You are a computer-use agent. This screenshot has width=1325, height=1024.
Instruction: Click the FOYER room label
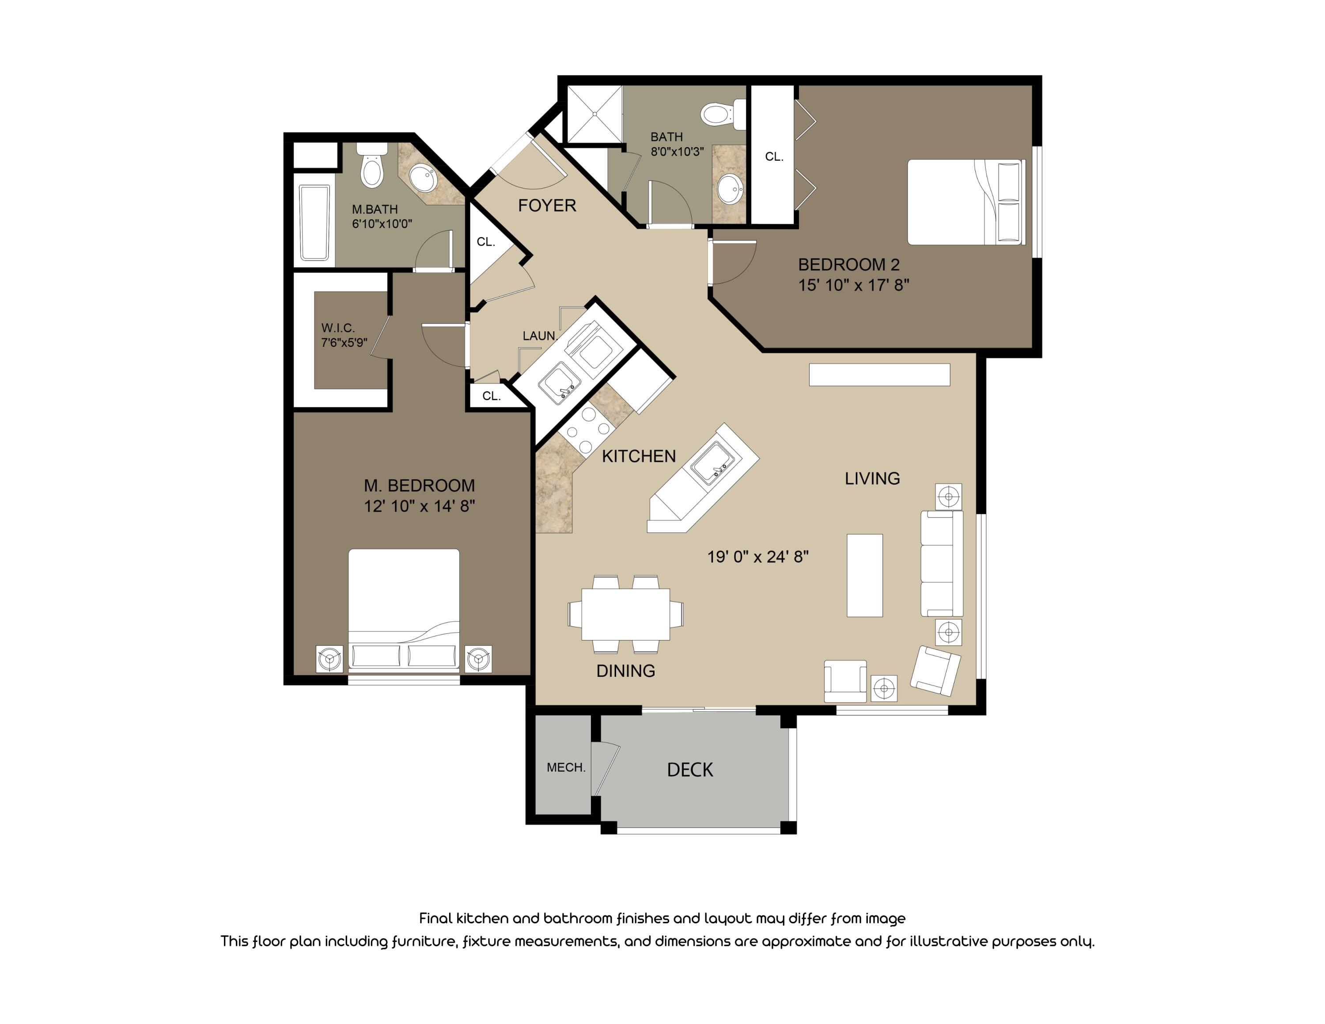click(547, 206)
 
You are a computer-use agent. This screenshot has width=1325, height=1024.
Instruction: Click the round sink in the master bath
click(423, 178)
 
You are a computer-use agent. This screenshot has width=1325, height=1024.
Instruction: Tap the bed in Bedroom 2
click(965, 202)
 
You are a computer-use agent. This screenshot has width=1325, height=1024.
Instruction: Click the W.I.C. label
click(338, 328)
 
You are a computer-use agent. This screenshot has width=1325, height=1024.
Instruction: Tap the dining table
click(625, 614)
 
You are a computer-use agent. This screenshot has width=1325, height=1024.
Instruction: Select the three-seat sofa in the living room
click(941, 564)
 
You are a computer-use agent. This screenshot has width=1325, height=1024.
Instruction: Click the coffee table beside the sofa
click(864, 575)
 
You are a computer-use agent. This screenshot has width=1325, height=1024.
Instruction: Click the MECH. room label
click(565, 767)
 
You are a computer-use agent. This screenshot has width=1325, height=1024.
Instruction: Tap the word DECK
click(690, 770)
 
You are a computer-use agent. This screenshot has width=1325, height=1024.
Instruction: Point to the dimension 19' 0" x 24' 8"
click(758, 556)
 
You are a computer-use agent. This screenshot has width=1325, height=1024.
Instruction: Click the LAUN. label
click(539, 335)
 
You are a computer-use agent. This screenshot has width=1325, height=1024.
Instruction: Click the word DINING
click(625, 670)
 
